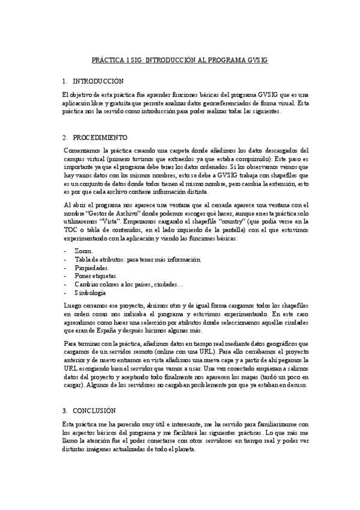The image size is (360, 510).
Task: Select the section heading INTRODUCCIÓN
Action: [x=97, y=81]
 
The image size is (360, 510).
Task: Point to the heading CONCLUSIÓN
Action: [x=94, y=394]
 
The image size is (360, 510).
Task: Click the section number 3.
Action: [x=64, y=394]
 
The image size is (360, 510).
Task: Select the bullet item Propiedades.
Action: [x=91, y=267]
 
